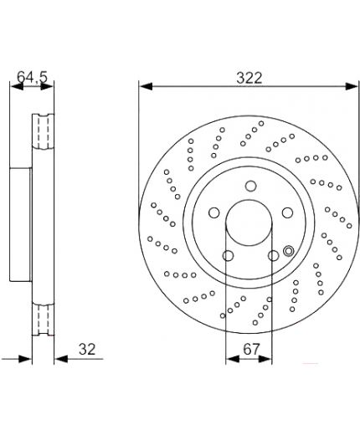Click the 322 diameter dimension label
tap(249, 78)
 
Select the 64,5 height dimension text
tap(33, 77)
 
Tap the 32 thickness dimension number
tap(87, 349)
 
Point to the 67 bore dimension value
tap(251, 349)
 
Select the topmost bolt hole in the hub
tap(251, 186)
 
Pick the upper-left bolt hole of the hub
tap(214, 212)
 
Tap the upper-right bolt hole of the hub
tap(287, 212)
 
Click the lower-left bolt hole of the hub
tap(228, 255)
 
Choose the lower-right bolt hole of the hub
tap(273, 255)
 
